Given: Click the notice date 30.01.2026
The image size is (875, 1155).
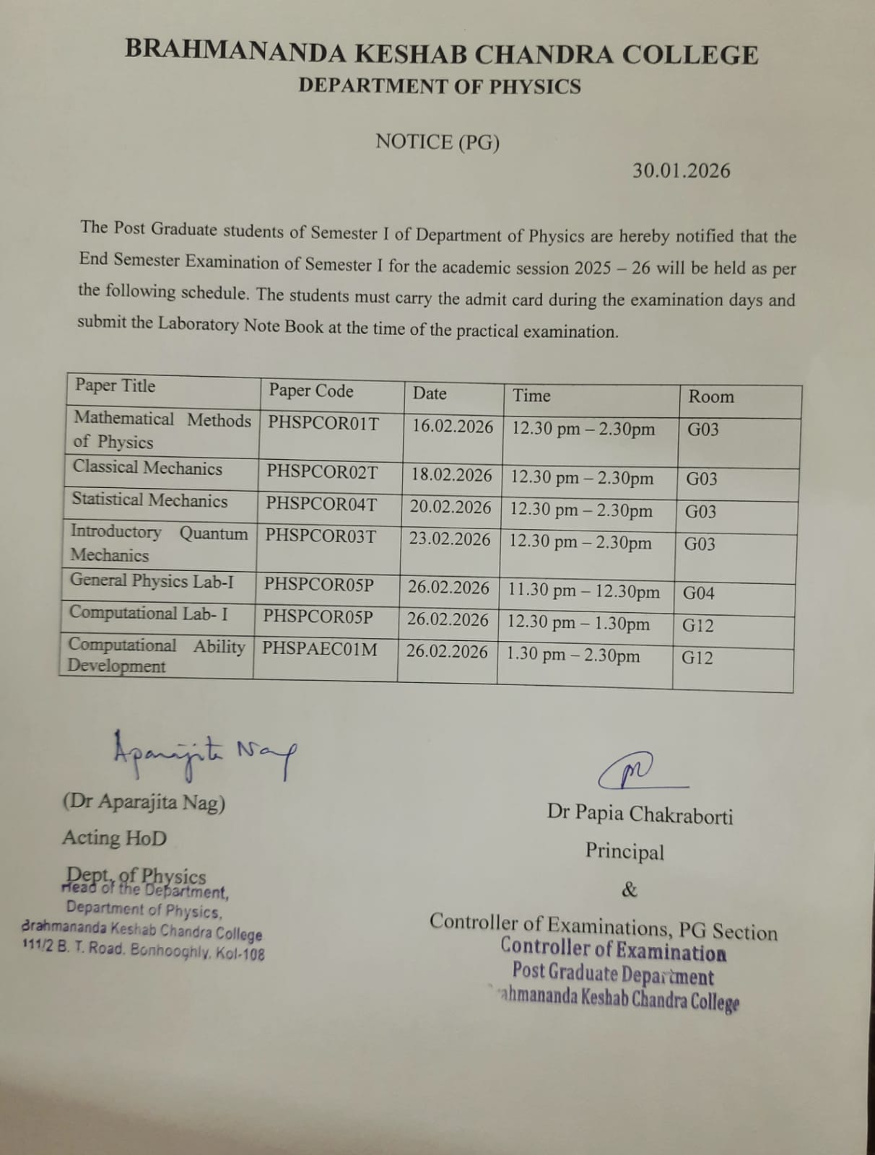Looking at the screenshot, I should [681, 171].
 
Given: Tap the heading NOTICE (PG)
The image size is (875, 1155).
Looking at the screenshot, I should [438, 142].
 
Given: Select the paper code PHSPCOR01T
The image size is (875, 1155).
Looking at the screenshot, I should [323, 423].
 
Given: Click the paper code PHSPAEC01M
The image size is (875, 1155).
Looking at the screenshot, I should [319, 649].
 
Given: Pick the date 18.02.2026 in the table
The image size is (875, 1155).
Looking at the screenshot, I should [451, 475].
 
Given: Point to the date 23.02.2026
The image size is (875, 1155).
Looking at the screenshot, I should [449, 539].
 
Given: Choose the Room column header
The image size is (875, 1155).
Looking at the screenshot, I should [710, 396].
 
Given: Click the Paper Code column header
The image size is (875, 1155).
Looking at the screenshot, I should [311, 391].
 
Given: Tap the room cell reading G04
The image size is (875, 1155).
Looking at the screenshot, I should [698, 593].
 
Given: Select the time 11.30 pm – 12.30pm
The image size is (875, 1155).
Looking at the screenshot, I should [583, 590].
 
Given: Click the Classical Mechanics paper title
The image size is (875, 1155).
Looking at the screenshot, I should [147, 468].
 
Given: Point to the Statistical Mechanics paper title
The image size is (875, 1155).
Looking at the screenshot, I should [149, 500].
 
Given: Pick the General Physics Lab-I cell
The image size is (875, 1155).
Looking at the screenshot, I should [152, 581].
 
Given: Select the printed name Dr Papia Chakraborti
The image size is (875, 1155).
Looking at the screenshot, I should [640, 814].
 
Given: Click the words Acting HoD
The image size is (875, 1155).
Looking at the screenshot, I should [114, 838].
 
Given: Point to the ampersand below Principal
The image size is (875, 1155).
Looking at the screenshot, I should [630, 889].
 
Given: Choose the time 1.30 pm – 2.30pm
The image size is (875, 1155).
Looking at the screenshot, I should [573, 655].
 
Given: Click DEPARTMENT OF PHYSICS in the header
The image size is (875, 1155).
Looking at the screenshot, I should [440, 87].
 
